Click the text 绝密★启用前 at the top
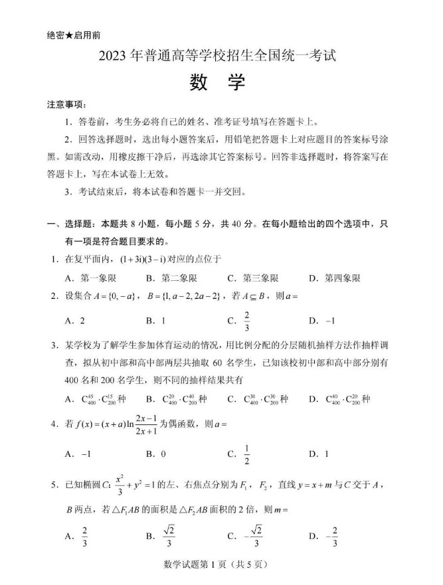tap(74, 35)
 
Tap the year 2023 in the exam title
tap(117, 57)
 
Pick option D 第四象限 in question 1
tap(335, 278)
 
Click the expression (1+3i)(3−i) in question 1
tap(149, 259)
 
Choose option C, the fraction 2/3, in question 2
tap(246, 319)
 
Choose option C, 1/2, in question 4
tap(246, 454)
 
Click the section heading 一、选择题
tap(71, 225)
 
